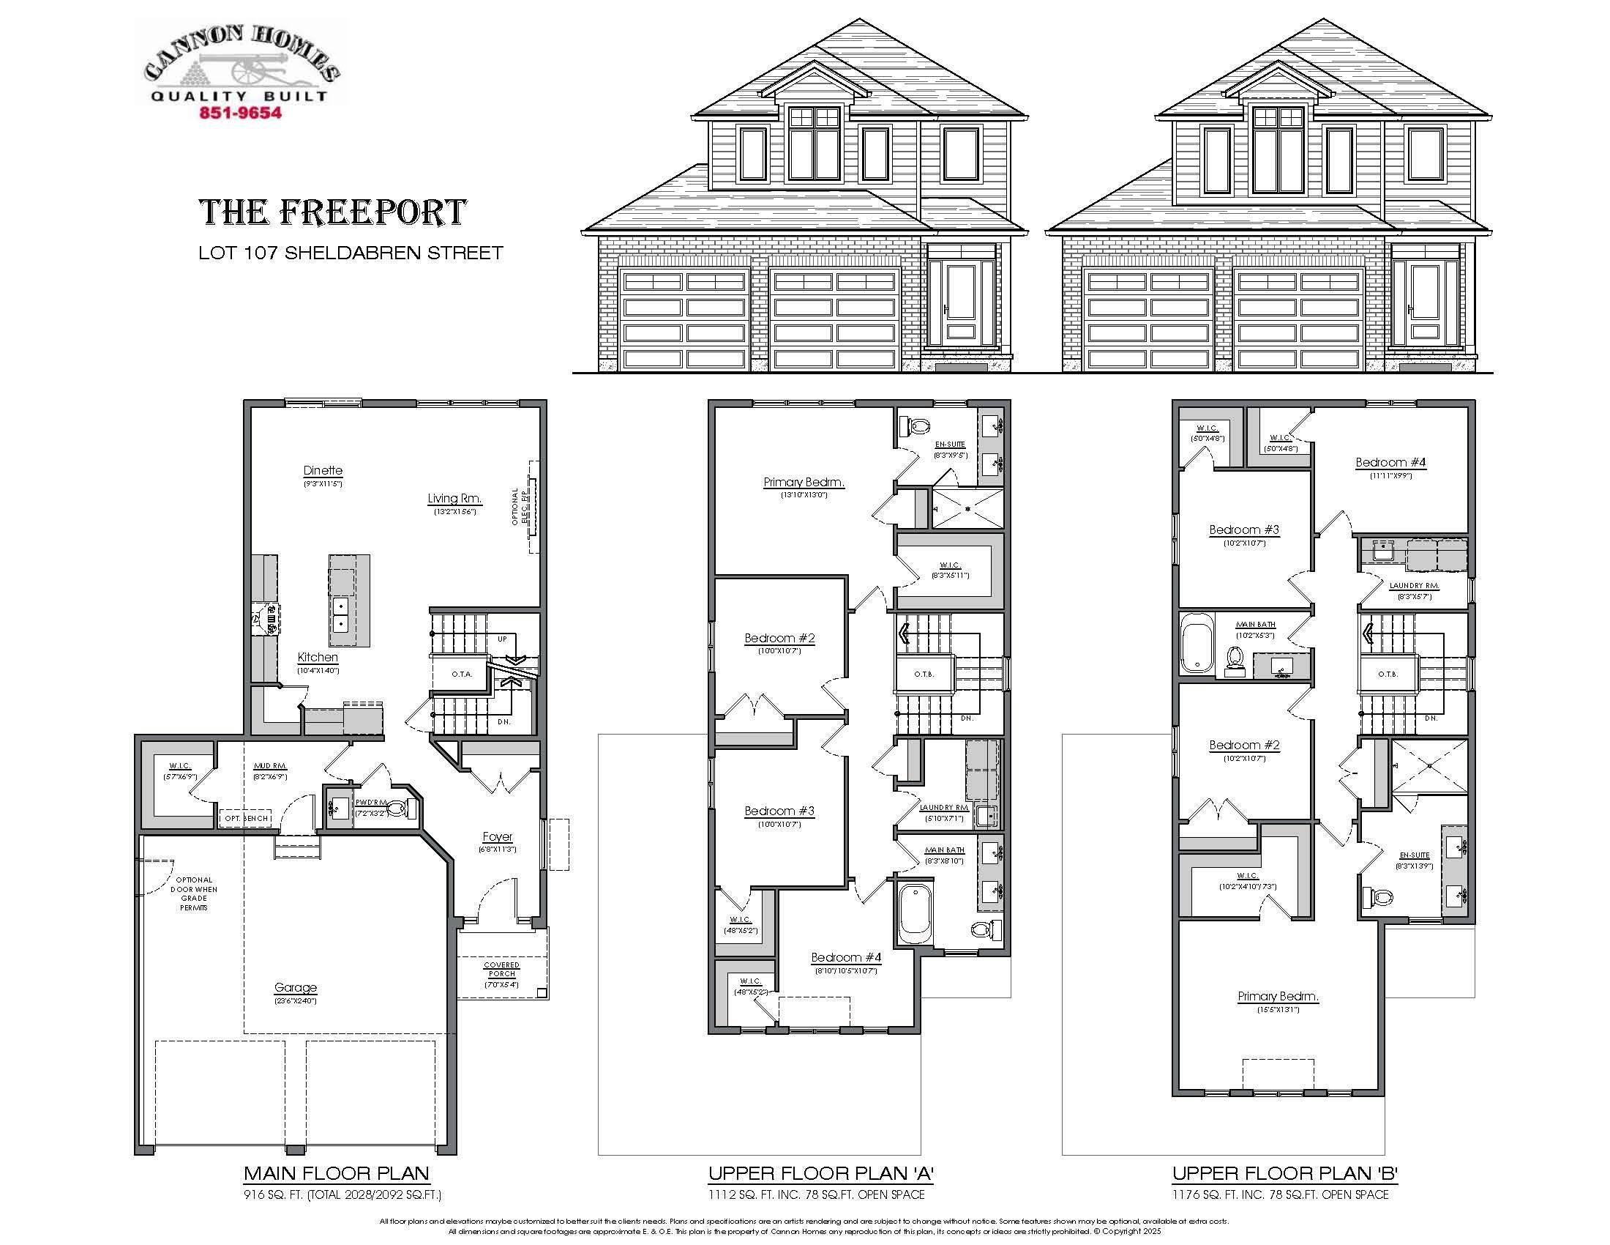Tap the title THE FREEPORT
(x=332, y=212)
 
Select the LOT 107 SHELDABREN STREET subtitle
(x=350, y=253)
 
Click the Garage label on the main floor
(x=296, y=988)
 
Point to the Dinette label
(x=323, y=471)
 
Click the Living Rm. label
(x=454, y=499)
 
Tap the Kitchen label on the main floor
(x=318, y=657)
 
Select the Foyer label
(x=498, y=836)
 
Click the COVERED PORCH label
(x=502, y=969)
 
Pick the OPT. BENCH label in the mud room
(x=246, y=818)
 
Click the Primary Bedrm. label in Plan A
(x=804, y=483)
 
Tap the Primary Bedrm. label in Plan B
(x=1278, y=997)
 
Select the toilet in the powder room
(x=396, y=809)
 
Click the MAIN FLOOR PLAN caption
(x=336, y=1173)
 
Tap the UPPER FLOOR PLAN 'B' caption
(x=1285, y=1173)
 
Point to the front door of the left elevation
(x=961, y=302)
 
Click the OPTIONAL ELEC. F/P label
(x=520, y=507)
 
